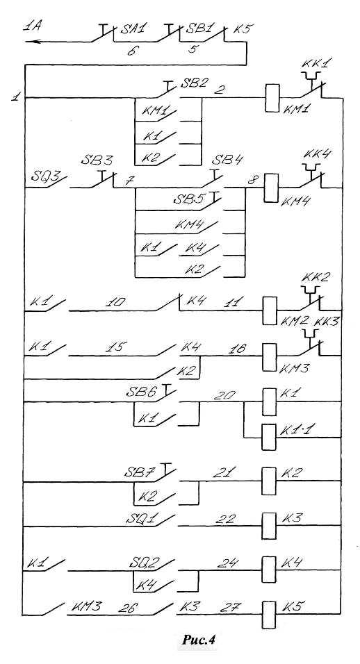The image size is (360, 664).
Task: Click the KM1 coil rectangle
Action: tap(272, 98)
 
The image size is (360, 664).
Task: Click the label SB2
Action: tap(194, 82)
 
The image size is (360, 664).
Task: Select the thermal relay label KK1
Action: tap(316, 64)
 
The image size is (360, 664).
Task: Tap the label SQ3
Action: tap(45, 175)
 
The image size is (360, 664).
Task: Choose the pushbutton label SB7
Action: tap(138, 472)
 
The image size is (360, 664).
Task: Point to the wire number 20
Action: tap(224, 395)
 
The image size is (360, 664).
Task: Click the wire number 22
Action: tap(225, 519)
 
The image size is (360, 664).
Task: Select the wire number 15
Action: tap(117, 347)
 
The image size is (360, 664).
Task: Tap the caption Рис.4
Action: tap(199, 651)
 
